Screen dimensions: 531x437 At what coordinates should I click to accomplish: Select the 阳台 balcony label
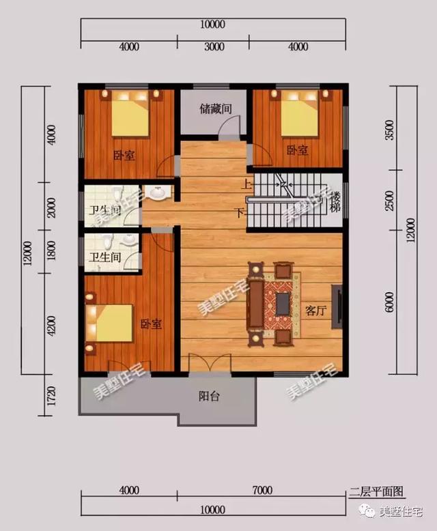point(209,397)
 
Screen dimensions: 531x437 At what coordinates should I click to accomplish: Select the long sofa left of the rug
point(257,304)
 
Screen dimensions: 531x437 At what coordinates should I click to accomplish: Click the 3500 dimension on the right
point(389,130)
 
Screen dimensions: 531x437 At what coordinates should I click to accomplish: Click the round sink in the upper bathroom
point(158,193)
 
